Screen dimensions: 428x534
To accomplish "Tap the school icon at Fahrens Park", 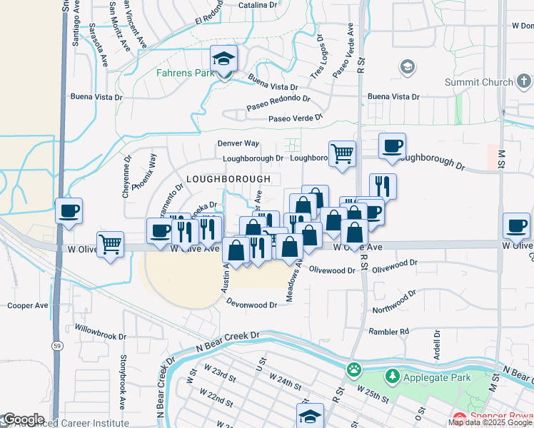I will [x=223, y=58].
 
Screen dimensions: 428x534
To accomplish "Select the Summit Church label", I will [x=479, y=83].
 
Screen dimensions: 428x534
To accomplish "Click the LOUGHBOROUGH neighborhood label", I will [x=228, y=179].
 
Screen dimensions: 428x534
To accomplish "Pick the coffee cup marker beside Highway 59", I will [x=69, y=210].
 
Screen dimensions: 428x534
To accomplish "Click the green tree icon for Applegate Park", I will [x=392, y=375].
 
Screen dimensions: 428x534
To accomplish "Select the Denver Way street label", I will [x=238, y=143].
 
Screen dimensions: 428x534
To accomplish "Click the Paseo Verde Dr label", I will [x=295, y=118].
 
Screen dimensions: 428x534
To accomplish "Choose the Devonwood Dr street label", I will [x=251, y=305].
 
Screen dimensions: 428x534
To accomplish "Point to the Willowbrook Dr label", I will [x=101, y=332].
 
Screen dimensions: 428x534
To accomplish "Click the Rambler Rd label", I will [x=389, y=331].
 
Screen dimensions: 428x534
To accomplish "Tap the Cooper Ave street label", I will [x=27, y=305].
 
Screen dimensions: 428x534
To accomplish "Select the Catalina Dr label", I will [x=258, y=5].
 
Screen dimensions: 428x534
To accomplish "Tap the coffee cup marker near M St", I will [x=516, y=225].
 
